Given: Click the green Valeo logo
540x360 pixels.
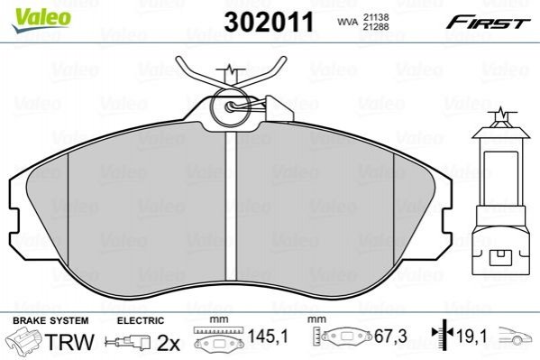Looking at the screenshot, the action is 41,20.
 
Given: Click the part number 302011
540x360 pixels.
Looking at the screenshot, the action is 269,22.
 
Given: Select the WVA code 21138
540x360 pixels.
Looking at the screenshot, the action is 375,17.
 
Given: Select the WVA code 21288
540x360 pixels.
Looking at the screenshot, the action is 375,26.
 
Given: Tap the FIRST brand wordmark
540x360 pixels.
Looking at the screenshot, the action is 488,23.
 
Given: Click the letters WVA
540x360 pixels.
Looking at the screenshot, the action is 347,22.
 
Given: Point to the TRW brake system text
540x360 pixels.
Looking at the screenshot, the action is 69,342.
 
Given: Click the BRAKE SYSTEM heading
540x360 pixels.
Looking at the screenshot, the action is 50,320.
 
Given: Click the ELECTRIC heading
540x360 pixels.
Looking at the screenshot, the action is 141,320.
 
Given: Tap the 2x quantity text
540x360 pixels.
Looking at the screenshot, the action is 169,343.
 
